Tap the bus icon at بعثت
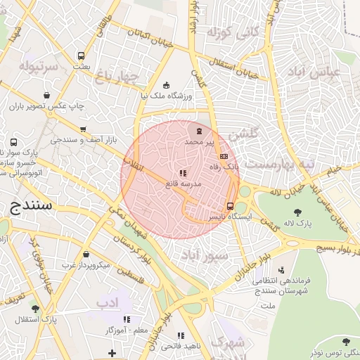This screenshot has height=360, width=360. (82, 56)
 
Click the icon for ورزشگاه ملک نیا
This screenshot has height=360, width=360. (166, 85)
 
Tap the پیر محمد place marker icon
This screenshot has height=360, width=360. (199, 131)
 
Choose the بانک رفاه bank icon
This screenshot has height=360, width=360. (224, 156)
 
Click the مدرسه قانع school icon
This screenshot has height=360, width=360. (182, 173)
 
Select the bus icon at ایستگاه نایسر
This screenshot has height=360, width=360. (230, 206)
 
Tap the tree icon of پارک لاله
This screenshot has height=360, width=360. (298, 212)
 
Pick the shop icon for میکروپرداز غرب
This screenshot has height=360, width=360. (86, 255)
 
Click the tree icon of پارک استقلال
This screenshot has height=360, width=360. (35, 309)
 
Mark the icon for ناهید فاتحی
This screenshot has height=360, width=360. (181, 336)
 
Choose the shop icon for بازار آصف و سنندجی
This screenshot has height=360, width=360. (84, 129)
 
